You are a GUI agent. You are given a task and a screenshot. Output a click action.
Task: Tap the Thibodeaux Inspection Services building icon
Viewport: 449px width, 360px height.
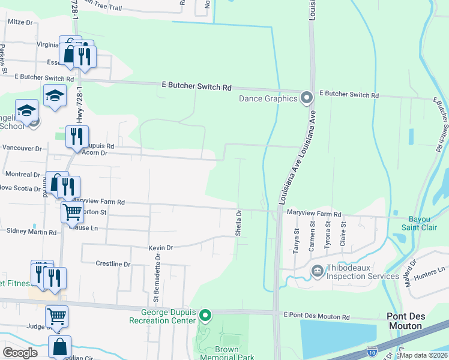pos(317,271)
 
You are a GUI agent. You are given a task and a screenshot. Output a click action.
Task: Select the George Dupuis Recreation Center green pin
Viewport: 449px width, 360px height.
pos(205,315)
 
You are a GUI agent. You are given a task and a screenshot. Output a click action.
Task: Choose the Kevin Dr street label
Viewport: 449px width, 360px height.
pos(160,247)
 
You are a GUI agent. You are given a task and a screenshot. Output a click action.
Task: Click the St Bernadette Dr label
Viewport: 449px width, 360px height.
pos(157,277)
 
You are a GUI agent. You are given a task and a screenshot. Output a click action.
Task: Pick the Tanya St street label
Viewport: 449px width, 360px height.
pos(296,241)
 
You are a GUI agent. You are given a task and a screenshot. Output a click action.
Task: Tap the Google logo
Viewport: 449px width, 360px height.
pos(20,352)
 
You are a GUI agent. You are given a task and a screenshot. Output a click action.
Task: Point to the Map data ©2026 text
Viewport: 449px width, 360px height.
pos(423,355)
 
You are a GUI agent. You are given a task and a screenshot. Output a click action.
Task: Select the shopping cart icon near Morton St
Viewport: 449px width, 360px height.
pos(72,211)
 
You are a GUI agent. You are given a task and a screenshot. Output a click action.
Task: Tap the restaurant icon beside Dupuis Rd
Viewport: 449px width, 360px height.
pos(77,136)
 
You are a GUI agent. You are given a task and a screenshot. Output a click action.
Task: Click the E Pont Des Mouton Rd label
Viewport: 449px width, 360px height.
pos(316,316)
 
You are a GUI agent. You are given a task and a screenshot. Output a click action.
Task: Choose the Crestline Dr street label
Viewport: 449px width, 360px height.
pos(113,264)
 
